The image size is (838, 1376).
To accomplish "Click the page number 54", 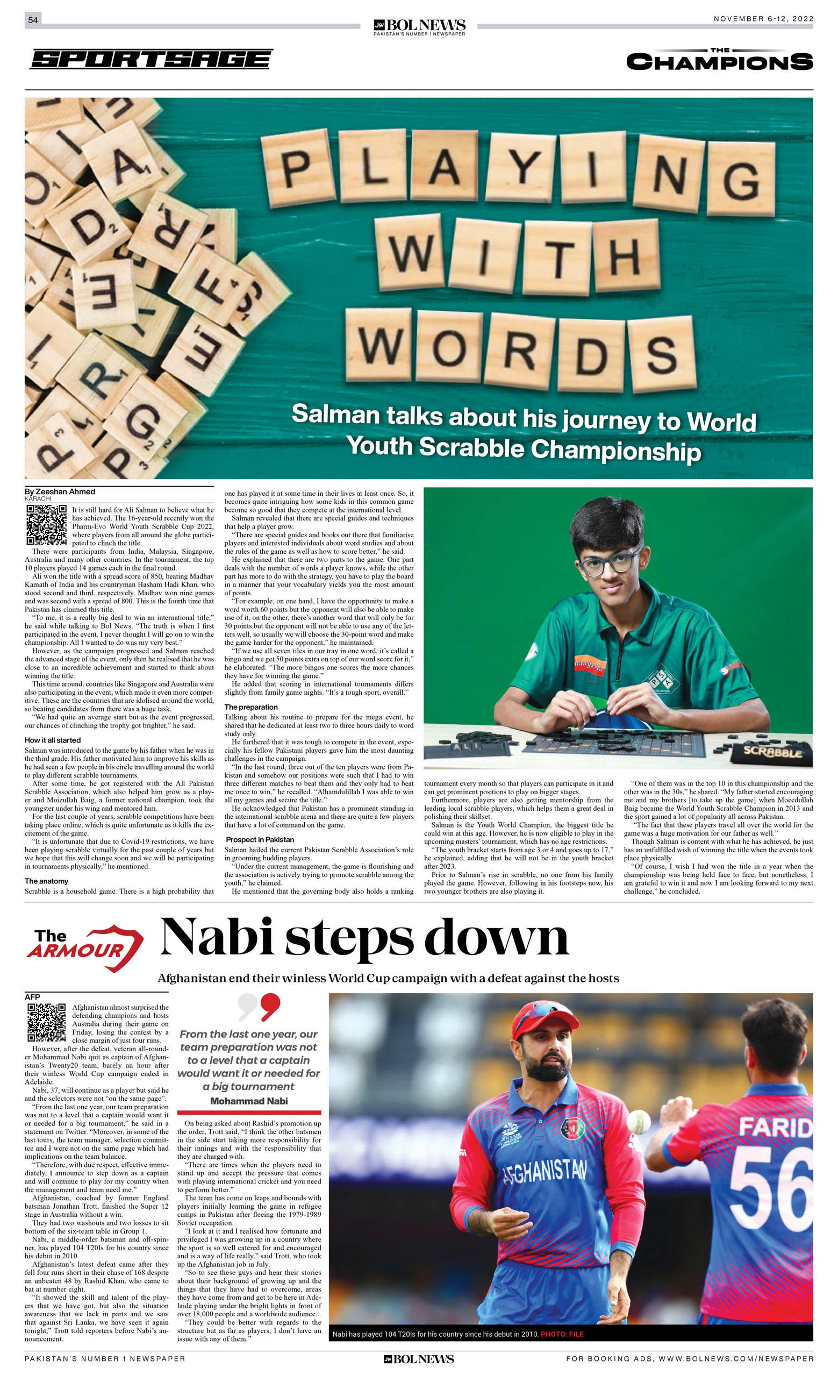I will pos(33,19).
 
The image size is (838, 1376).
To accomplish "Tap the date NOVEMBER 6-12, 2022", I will pos(763,19).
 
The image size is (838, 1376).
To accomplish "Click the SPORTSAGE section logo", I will pos(151,59).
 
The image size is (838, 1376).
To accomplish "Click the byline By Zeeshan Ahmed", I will pos(60,491).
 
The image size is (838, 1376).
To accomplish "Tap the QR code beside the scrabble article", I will pos(46,524).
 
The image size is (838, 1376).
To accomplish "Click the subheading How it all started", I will pos(53,739).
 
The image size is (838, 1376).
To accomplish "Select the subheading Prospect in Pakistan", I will pos(260,839).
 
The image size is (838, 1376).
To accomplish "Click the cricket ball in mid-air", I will pos(639,1121).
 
